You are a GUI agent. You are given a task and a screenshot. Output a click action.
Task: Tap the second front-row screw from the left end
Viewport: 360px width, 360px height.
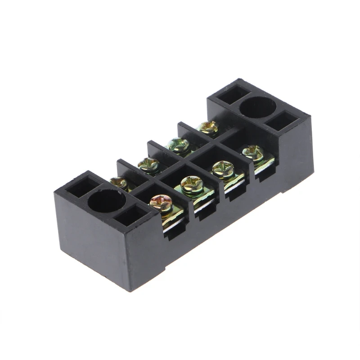[192, 184]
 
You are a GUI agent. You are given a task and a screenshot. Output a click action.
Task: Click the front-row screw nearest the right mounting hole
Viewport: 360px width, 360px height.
[252, 152]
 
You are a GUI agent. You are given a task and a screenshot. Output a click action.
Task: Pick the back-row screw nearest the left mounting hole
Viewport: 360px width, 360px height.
[119, 182]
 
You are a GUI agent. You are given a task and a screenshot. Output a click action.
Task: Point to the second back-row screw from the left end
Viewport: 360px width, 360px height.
[148, 164]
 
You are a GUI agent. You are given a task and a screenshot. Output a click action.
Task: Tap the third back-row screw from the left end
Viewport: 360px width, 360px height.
[178, 145]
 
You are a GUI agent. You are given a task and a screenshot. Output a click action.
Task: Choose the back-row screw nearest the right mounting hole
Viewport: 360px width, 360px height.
[208, 127]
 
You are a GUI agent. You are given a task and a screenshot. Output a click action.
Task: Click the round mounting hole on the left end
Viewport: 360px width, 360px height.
[107, 201]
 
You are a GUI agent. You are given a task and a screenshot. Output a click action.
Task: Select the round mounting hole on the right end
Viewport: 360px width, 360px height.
[257, 108]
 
